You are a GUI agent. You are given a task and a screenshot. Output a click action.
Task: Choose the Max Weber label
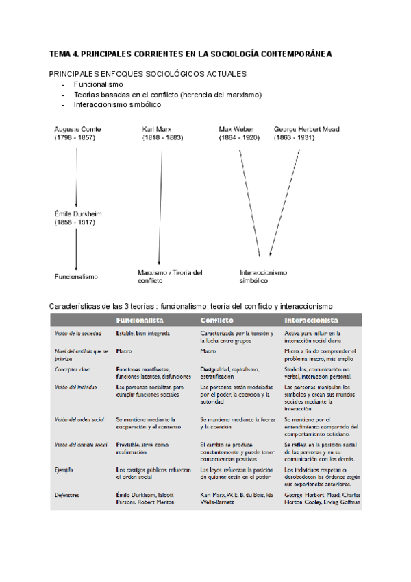tap(239, 133)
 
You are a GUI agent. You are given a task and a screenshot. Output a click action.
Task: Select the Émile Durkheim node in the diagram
tap(79, 218)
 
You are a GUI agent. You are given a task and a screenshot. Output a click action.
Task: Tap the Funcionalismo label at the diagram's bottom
tap(76, 277)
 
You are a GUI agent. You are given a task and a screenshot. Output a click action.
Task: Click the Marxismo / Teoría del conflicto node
tap(170, 276)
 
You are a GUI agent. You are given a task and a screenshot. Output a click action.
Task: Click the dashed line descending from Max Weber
tap(248, 199)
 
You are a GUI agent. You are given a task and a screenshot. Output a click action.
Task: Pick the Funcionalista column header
tap(139, 321)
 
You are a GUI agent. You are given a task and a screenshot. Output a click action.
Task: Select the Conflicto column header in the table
tap(217, 321)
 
